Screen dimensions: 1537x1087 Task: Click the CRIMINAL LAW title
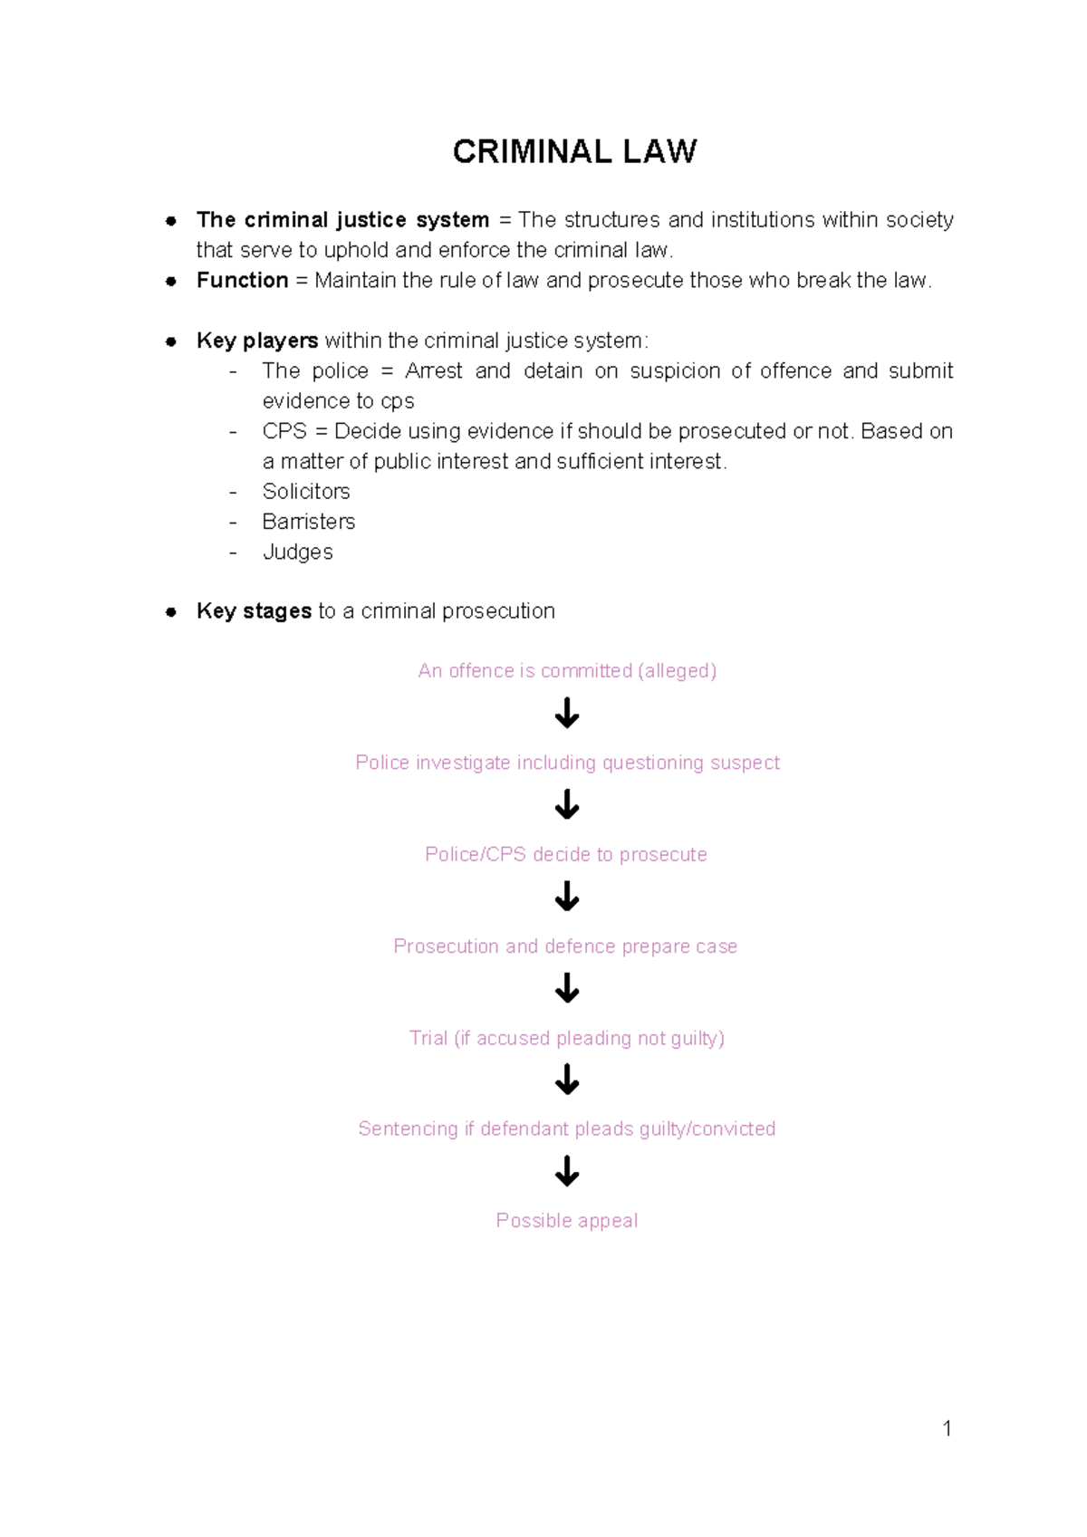coord(574,151)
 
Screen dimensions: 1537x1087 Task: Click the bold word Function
coord(242,281)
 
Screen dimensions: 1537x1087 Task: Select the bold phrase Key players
coord(257,341)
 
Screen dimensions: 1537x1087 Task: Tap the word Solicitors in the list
coord(306,492)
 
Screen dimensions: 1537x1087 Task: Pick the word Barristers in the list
coord(308,522)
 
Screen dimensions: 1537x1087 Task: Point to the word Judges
coord(297,552)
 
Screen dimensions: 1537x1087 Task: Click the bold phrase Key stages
coord(254,611)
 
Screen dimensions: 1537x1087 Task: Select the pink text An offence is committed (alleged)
coord(567,671)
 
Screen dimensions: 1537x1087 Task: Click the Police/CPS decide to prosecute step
coord(566,855)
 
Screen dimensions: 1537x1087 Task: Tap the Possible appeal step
coord(567,1221)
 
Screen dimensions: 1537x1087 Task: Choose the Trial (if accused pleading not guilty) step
coord(567,1038)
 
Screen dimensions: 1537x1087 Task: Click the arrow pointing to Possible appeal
coord(567,1171)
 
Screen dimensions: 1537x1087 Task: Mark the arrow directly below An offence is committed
coord(567,713)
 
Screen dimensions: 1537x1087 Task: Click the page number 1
coord(947,1429)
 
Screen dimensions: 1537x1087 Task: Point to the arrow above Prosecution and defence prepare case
coord(567,897)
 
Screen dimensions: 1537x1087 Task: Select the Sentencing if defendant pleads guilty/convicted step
coord(567,1129)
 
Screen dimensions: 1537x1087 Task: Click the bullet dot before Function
coord(170,282)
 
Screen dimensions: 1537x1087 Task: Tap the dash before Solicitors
coord(234,492)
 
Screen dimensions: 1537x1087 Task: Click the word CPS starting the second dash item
coord(284,431)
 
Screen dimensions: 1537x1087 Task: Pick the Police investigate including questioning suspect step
coord(567,763)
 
